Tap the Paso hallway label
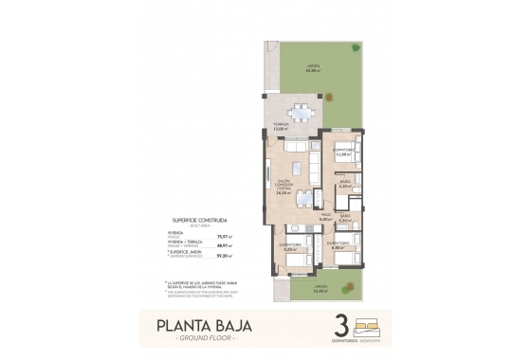(324, 218)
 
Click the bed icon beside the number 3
(370, 324)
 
